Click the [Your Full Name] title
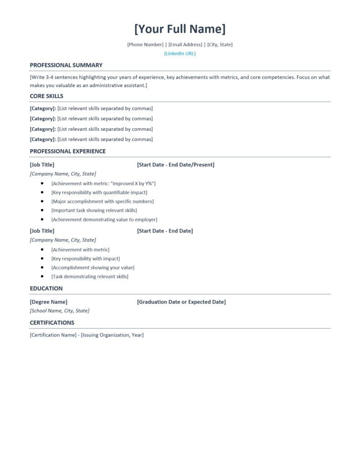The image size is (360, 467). pyautogui.click(x=180, y=29)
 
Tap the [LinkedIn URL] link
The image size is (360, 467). pyautogui.click(x=180, y=53)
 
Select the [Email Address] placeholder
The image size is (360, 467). pyautogui.click(x=185, y=44)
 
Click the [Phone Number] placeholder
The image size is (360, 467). pyautogui.click(x=145, y=44)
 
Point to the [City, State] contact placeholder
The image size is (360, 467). pyautogui.click(x=220, y=44)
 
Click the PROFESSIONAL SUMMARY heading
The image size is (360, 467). pyautogui.click(x=66, y=65)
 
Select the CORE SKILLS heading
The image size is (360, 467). pyautogui.click(x=46, y=96)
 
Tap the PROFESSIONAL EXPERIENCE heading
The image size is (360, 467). pyautogui.click(x=67, y=151)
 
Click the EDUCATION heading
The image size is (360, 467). pyautogui.click(x=46, y=288)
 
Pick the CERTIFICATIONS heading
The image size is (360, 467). pyautogui.click(x=52, y=322)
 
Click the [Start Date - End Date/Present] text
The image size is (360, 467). pyautogui.click(x=175, y=165)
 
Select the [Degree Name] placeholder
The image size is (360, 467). pyautogui.click(x=48, y=301)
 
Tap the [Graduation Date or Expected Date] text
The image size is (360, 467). pyautogui.click(x=181, y=301)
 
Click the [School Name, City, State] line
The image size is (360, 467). pyautogui.click(x=59, y=311)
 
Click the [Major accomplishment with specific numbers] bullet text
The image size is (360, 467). pyautogui.click(x=103, y=201)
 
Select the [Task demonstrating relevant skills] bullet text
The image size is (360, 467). pyautogui.click(x=90, y=276)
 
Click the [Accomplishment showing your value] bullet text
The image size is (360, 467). pyautogui.click(x=93, y=267)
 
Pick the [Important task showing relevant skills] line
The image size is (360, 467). pyautogui.click(x=94, y=210)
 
